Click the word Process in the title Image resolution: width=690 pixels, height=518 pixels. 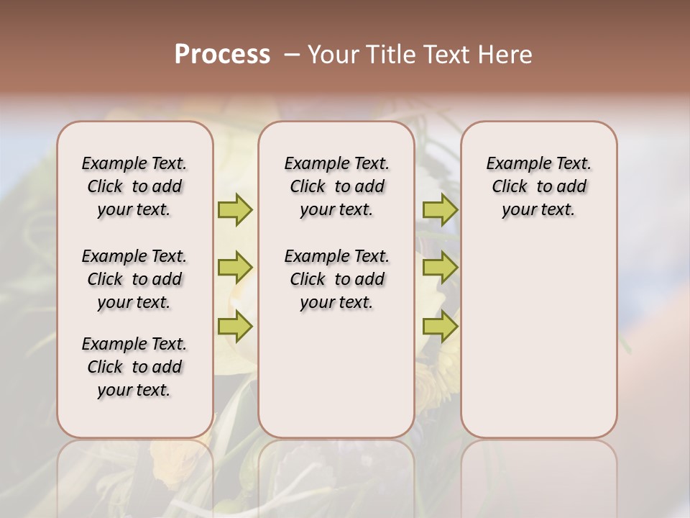(x=222, y=55)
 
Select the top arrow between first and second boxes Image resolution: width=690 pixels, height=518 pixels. (x=235, y=209)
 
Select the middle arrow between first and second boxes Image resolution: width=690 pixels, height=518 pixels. (x=235, y=268)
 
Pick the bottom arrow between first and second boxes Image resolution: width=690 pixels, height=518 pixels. (x=235, y=327)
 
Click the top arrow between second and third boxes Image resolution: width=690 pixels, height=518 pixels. (x=440, y=209)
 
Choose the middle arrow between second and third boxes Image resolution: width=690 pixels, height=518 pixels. (x=440, y=268)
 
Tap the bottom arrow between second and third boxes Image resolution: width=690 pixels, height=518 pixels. (x=440, y=327)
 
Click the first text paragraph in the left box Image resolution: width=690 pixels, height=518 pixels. (x=134, y=186)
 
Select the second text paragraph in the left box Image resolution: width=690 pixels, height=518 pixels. (x=134, y=279)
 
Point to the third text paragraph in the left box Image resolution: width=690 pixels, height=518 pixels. (x=134, y=367)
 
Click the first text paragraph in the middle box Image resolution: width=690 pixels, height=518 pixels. (x=337, y=186)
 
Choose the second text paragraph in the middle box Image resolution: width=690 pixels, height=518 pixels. (x=337, y=279)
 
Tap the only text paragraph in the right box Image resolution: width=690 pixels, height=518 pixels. (x=539, y=186)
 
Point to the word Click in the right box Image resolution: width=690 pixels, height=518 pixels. (x=510, y=187)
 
